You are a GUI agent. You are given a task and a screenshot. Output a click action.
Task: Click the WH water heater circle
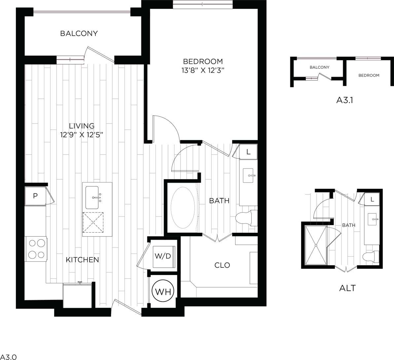point(163,292)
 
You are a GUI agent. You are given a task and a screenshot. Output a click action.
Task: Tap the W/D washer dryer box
point(163,256)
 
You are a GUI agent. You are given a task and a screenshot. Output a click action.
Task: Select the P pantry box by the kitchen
point(35,196)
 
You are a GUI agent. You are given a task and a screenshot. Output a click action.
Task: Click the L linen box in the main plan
point(248,152)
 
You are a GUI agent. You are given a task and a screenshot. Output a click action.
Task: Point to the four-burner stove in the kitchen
point(36,249)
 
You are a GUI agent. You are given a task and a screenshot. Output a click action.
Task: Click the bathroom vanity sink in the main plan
point(248,175)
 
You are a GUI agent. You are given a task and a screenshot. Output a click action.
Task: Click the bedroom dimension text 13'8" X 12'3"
point(203,70)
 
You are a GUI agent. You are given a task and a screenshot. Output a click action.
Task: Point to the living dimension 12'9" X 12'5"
point(82,135)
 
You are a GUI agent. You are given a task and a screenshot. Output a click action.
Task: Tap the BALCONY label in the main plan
point(79,33)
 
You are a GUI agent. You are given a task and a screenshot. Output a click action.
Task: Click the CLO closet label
point(222,265)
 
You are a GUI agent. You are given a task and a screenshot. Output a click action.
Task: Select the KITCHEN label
point(82,260)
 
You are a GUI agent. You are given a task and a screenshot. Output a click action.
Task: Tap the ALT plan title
point(347,288)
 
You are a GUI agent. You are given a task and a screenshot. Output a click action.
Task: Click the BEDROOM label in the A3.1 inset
point(369,75)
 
